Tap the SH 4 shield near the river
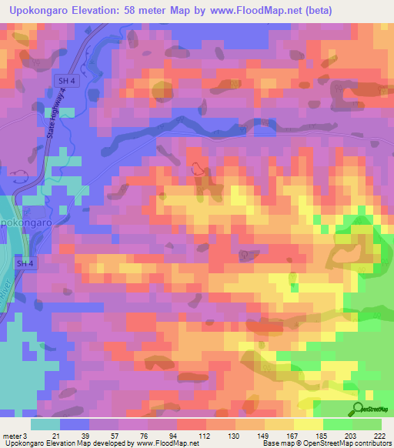pos(26,263)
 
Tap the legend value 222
pos(379,436)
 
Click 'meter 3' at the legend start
pos(16,436)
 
